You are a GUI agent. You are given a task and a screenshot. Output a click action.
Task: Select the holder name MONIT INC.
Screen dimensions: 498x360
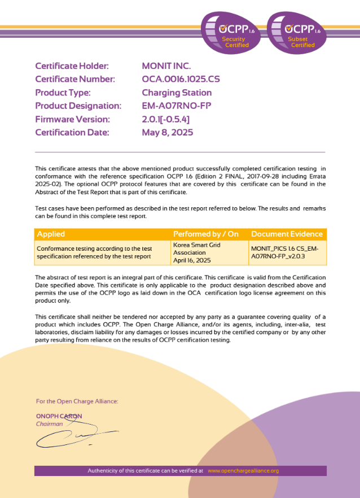(x=166, y=66)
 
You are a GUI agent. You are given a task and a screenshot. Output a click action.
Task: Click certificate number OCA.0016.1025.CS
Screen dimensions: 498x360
(x=181, y=80)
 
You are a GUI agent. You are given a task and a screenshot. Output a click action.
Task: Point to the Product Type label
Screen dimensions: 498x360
(x=63, y=93)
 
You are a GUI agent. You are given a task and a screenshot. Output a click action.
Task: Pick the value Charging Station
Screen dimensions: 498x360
(x=177, y=93)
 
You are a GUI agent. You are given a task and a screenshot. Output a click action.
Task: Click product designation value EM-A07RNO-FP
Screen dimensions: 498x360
(x=176, y=106)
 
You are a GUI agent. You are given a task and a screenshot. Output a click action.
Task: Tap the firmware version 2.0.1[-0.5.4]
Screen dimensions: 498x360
(x=165, y=119)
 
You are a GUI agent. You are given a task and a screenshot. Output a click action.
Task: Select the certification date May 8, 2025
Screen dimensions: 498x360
(x=168, y=133)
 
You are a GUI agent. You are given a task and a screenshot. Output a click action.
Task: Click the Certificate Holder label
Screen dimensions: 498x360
(x=72, y=66)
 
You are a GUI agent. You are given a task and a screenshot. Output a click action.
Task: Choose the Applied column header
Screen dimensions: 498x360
(x=51, y=234)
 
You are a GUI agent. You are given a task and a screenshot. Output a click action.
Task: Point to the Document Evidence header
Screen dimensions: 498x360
(x=287, y=234)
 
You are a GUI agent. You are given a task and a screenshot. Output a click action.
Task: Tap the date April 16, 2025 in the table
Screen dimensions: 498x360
(x=192, y=260)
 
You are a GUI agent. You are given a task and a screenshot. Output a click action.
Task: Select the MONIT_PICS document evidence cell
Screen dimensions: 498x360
(x=287, y=252)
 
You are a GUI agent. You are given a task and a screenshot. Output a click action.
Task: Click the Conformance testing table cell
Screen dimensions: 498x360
(x=94, y=252)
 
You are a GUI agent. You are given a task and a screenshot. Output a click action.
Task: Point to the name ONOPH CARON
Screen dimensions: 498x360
(x=59, y=416)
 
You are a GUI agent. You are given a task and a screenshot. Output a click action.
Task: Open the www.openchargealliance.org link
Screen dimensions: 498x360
(x=243, y=470)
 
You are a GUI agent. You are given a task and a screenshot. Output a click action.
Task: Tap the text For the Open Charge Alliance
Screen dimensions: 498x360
(x=77, y=401)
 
